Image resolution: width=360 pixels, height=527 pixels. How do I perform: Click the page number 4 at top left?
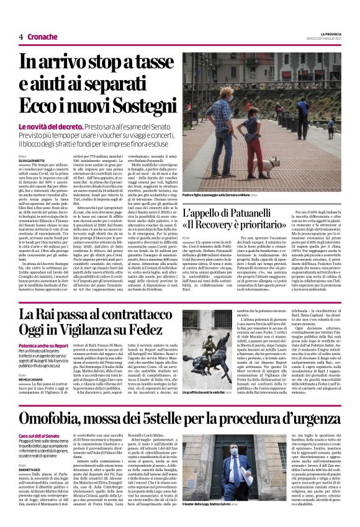[x=20, y=37]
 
